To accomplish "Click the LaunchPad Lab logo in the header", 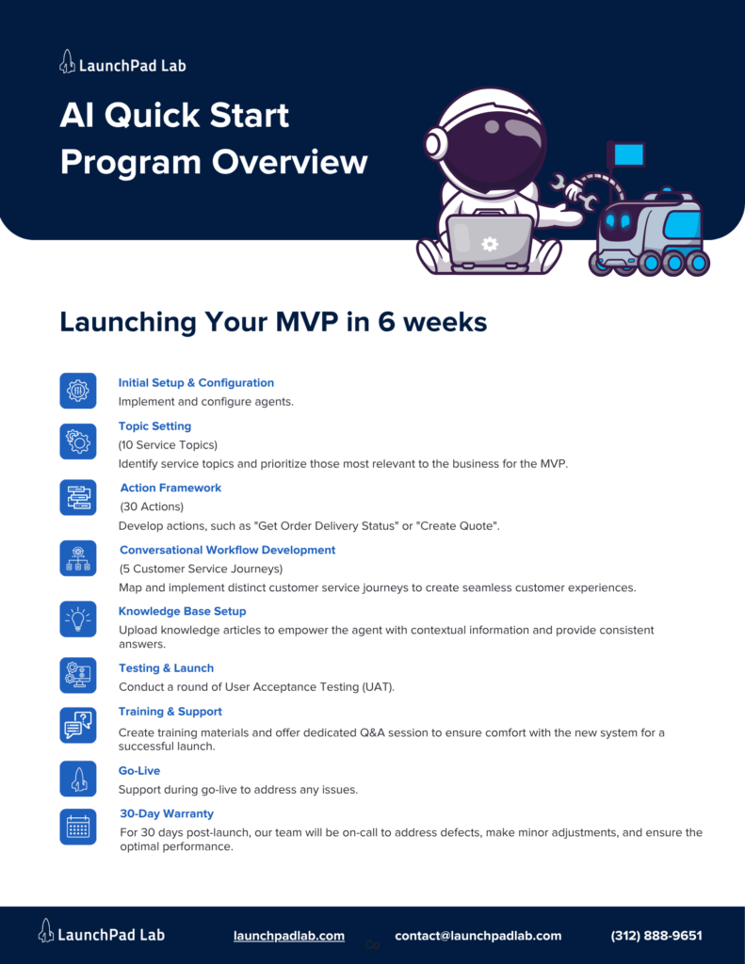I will tap(122, 64).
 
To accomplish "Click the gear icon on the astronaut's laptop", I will tap(490, 244).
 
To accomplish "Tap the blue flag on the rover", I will tap(627, 153).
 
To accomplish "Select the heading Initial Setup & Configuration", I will tap(196, 383).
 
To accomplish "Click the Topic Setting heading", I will tap(154, 426).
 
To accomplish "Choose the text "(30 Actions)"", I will tap(152, 506).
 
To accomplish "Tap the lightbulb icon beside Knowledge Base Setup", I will tap(78, 619).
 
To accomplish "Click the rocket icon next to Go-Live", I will tap(78, 779).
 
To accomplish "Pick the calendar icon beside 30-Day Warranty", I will tap(78, 826).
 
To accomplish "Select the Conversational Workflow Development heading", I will tap(227, 550).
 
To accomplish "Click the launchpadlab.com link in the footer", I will tap(289, 936).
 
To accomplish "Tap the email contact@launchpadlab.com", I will tap(478, 936).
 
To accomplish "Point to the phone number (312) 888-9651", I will tap(656, 936).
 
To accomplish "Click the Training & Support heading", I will tap(170, 712).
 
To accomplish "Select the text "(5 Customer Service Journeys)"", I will tap(201, 569).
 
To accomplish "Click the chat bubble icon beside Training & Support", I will tap(78, 725).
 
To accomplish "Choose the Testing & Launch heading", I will tap(166, 668).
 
